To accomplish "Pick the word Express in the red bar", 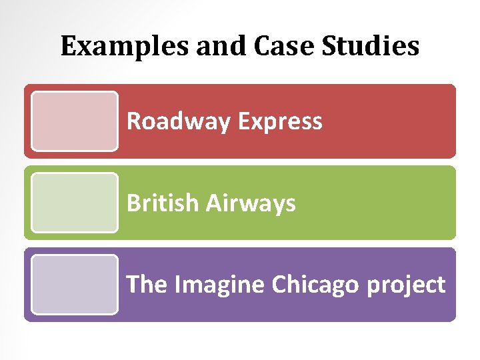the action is (x=279, y=121).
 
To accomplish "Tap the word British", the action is (x=163, y=203).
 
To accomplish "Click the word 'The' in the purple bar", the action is (x=147, y=285).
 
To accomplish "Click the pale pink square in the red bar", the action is (x=75, y=121).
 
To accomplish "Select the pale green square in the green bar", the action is (x=75, y=203).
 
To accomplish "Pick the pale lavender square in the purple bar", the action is (x=75, y=285).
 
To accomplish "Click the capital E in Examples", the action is (x=67, y=46).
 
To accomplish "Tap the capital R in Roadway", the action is (x=133, y=121).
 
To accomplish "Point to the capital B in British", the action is (x=133, y=203).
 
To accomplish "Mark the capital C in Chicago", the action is (x=278, y=285).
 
